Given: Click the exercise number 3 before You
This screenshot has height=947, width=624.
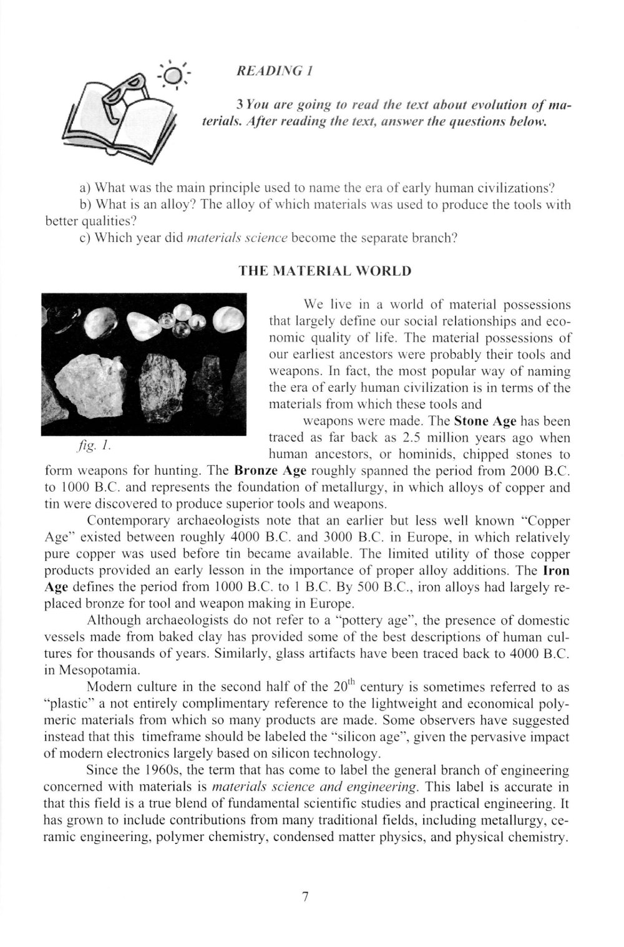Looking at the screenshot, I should pos(230,102).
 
